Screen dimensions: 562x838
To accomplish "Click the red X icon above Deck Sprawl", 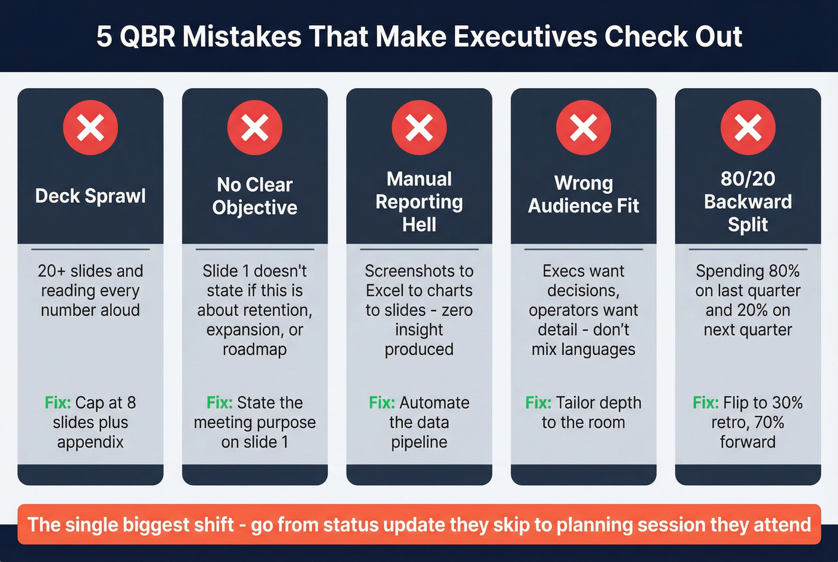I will point(90,127).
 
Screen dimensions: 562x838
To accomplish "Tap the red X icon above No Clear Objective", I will point(254,127).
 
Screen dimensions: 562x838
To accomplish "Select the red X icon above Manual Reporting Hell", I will point(419,127).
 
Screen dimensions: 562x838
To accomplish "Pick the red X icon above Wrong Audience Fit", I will point(584,127).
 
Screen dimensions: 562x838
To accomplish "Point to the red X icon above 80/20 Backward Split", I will point(748,127).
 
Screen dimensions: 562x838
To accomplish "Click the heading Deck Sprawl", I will point(90,196).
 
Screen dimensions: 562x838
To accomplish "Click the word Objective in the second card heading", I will point(254,207).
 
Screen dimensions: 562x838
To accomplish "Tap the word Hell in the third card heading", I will point(419,224).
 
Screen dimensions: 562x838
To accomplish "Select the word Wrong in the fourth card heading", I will point(584,183).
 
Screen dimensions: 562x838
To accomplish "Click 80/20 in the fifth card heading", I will point(748,178).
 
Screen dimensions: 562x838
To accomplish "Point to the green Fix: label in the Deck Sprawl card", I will point(58,402).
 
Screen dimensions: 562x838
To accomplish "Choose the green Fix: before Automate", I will point(382,402).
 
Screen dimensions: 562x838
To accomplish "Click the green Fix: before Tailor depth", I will point(538,402).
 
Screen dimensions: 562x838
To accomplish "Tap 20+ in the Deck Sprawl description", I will point(51,271).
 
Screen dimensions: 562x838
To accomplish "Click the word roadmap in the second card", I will point(254,349).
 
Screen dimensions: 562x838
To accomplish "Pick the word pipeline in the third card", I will point(419,442).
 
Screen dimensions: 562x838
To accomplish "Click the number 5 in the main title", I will point(104,37).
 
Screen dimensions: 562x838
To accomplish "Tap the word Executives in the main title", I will point(525,37).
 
